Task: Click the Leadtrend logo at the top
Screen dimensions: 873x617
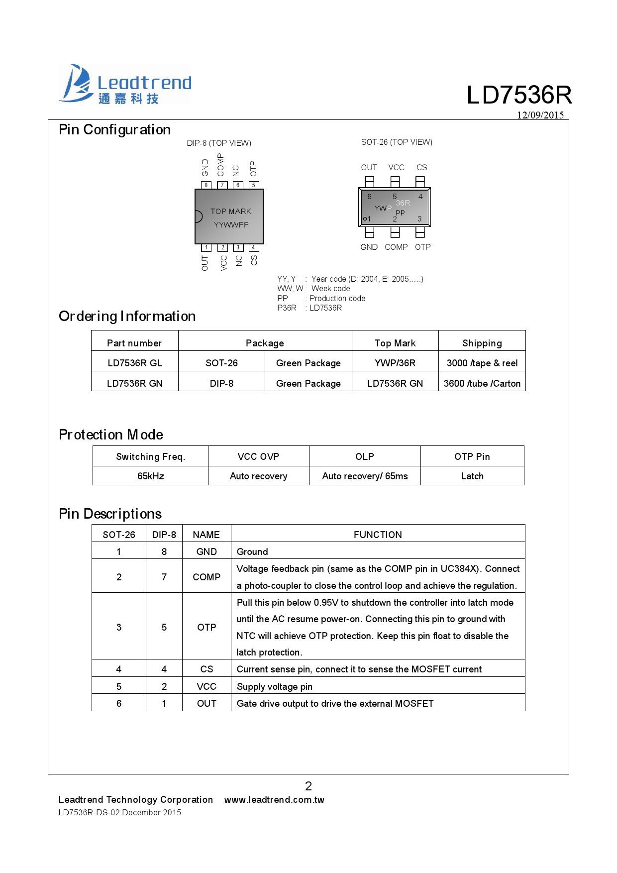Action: (125, 84)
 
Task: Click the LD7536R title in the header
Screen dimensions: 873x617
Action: (519, 95)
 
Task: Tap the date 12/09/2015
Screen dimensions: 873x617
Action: (540, 115)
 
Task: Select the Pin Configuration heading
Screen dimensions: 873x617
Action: (114, 130)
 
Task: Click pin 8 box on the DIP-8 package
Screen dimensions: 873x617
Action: (206, 185)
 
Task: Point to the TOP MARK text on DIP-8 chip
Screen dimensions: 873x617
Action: (231, 212)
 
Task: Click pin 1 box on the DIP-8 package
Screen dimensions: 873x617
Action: (206, 247)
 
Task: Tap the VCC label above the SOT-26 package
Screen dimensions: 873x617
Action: (396, 168)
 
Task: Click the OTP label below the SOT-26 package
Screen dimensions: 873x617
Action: (422, 247)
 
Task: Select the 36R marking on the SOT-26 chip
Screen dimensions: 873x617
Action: (403, 203)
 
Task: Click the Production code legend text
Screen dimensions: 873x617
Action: (337, 299)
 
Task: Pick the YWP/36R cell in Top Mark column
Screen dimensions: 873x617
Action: (395, 363)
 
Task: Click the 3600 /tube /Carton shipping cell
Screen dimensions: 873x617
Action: (482, 384)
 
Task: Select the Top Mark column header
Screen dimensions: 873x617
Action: (395, 343)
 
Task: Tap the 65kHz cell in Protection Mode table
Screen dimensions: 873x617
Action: (150, 476)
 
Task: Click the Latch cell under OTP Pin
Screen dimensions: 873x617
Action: (472, 476)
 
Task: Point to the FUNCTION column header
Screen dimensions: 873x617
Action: (378, 535)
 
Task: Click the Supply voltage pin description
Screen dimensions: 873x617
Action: (275, 687)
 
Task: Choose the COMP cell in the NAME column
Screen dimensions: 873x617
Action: (206, 577)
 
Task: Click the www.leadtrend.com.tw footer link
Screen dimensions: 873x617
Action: (274, 800)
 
